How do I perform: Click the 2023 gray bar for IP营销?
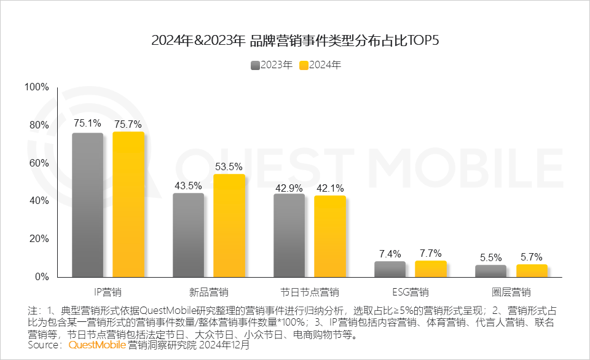pos(87,205)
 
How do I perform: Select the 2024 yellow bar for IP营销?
pos(128,204)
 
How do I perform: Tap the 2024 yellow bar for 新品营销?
pos(229,225)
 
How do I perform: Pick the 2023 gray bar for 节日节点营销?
pos(289,235)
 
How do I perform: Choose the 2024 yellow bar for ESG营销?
pos(430,269)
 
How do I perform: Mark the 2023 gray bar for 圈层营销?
pos(490,271)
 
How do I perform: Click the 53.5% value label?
pos(229,166)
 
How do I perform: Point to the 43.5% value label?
pos(188,186)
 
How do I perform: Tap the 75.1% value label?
pos(87,124)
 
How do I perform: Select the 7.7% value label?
pos(430,253)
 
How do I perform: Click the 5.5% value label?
pos(490,257)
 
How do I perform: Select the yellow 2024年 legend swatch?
pos(303,65)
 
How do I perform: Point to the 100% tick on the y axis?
pos(36,87)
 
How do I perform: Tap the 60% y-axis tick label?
pos(39,163)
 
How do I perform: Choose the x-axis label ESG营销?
pos(410,291)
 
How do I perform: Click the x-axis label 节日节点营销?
pos(309,291)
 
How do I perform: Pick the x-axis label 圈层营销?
pos(511,291)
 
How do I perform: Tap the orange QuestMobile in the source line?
pos(97,345)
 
